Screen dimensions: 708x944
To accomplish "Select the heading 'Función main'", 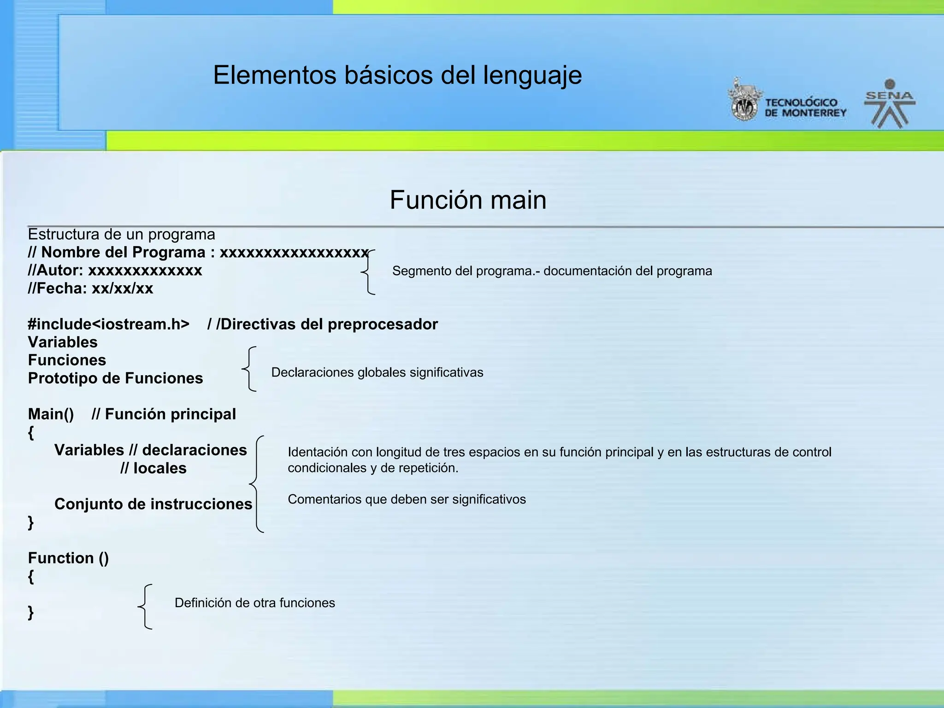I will [468, 200].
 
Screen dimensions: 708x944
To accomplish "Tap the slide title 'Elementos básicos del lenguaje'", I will [397, 75].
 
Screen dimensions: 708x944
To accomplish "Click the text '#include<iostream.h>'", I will [109, 324].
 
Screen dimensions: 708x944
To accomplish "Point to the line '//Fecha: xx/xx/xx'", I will [90, 289].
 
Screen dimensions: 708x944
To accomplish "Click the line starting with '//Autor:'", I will [115, 270].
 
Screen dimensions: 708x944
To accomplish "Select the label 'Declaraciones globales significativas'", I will [377, 372].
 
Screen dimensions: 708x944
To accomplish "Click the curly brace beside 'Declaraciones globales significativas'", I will [249, 369].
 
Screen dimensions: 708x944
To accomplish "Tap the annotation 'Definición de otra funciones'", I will [254, 603].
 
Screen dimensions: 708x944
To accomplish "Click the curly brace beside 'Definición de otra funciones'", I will [145, 607].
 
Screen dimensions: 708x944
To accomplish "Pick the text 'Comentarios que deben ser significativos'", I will [407, 499].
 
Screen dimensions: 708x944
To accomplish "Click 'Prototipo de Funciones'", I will [115, 378].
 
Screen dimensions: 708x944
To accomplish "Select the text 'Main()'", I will [51, 414].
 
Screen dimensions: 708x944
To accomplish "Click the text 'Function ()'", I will [68, 558].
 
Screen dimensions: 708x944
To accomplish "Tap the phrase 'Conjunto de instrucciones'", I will [153, 504].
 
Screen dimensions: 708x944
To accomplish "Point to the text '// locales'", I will [153, 468].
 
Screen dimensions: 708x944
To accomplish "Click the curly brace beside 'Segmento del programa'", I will [368, 272].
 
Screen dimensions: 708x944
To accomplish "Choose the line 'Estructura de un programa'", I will [121, 235].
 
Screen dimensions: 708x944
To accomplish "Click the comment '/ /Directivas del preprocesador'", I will [322, 324].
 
